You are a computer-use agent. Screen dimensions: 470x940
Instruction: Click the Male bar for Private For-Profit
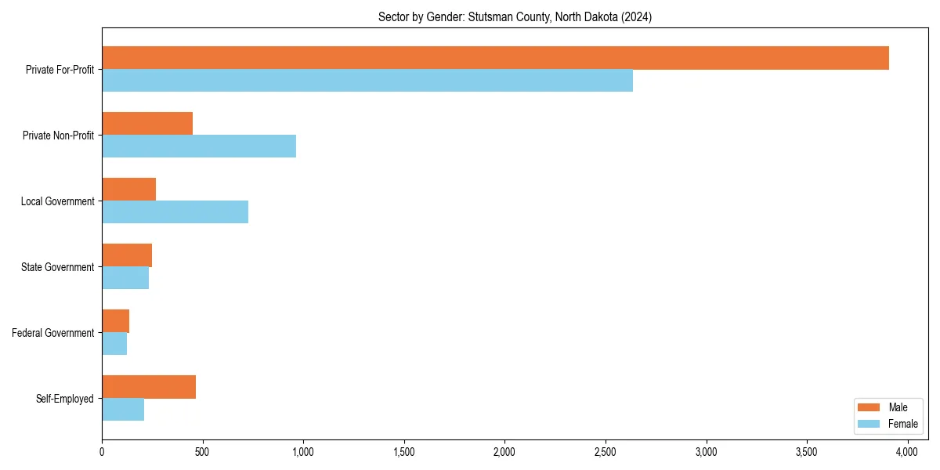pyautogui.click(x=495, y=58)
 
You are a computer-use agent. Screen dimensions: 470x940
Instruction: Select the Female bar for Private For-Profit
pyautogui.click(x=367, y=81)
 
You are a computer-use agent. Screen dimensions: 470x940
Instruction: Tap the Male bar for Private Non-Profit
pyautogui.click(x=147, y=124)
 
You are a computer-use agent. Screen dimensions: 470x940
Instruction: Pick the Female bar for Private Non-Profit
pyautogui.click(x=199, y=146)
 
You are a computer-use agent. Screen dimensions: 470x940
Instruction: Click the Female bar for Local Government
pyautogui.click(x=175, y=212)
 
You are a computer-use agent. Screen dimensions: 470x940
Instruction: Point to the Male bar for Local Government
pyautogui.click(x=128, y=190)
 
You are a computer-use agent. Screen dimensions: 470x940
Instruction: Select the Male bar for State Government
pyautogui.click(x=127, y=255)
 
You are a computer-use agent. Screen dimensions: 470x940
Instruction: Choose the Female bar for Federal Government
pyautogui.click(x=114, y=344)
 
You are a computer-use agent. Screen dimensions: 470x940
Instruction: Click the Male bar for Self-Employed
pyautogui.click(x=149, y=387)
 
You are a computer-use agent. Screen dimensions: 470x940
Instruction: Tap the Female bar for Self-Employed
pyautogui.click(x=123, y=410)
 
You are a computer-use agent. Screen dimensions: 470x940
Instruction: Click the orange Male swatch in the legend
pyautogui.click(x=869, y=407)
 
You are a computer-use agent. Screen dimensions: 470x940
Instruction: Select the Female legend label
pyautogui.click(x=903, y=424)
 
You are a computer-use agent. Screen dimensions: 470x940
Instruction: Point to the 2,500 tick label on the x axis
pyautogui.click(x=606, y=452)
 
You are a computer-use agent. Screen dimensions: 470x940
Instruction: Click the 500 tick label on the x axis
pyautogui.click(x=202, y=452)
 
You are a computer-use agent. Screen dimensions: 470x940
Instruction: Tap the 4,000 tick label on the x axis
pyautogui.click(x=907, y=452)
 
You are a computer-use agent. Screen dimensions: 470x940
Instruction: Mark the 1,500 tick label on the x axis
pyautogui.click(x=404, y=452)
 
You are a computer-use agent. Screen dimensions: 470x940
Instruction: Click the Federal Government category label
pyautogui.click(x=53, y=333)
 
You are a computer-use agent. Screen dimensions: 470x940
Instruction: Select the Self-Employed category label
pyautogui.click(x=65, y=399)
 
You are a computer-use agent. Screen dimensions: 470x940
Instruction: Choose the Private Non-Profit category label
pyautogui.click(x=59, y=136)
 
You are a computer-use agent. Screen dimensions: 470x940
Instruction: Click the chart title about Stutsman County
pyautogui.click(x=515, y=16)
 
